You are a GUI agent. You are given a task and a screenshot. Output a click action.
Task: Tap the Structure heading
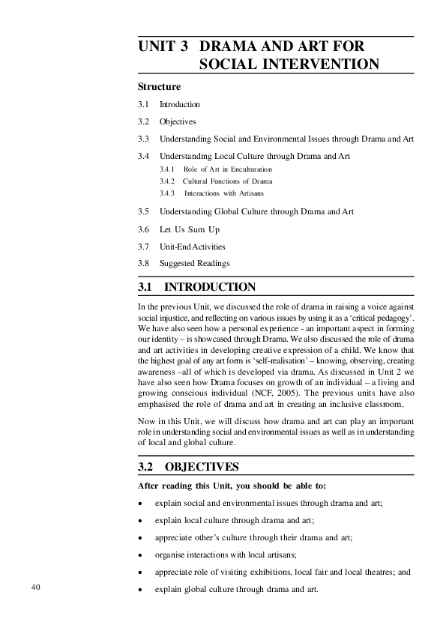(160, 87)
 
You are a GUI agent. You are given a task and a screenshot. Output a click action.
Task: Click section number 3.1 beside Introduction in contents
(144, 104)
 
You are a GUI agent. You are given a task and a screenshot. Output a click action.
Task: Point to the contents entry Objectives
(178, 121)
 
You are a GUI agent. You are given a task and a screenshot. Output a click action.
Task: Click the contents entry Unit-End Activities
(192, 247)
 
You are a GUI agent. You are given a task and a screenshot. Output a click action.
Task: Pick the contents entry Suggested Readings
(194, 263)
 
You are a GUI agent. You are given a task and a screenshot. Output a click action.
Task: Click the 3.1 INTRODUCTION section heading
(197, 287)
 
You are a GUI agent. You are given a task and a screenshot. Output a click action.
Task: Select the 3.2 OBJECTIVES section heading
(189, 467)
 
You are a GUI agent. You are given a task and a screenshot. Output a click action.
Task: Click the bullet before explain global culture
(141, 590)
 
